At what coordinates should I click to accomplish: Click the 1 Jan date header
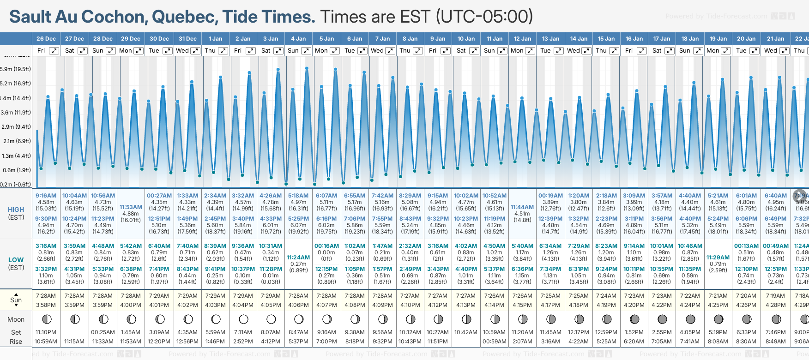(x=215, y=39)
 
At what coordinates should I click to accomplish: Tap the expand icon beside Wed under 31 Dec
(x=195, y=51)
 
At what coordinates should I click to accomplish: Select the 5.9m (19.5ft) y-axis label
(x=16, y=69)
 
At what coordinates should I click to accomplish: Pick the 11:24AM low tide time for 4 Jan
(x=298, y=258)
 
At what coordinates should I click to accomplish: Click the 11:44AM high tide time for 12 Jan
(x=522, y=207)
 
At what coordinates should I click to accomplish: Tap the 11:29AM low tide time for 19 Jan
(x=718, y=258)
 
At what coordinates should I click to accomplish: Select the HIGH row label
(x=16, y=210)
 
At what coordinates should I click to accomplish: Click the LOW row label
(x=16, y=260)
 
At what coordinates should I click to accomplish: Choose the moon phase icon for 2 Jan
(x=243, y=319)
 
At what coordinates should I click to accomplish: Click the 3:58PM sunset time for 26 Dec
(x=46, y=305)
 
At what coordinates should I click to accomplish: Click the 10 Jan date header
(x=466, y=39)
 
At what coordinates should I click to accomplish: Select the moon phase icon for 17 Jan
(x=662, y=319)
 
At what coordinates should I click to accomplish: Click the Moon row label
(x=16, y=319)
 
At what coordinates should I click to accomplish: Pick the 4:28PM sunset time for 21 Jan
(x=775, y=305)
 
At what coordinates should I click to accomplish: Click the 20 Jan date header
(x=746, y=39)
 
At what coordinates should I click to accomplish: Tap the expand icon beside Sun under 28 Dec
(x=111, y=51)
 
